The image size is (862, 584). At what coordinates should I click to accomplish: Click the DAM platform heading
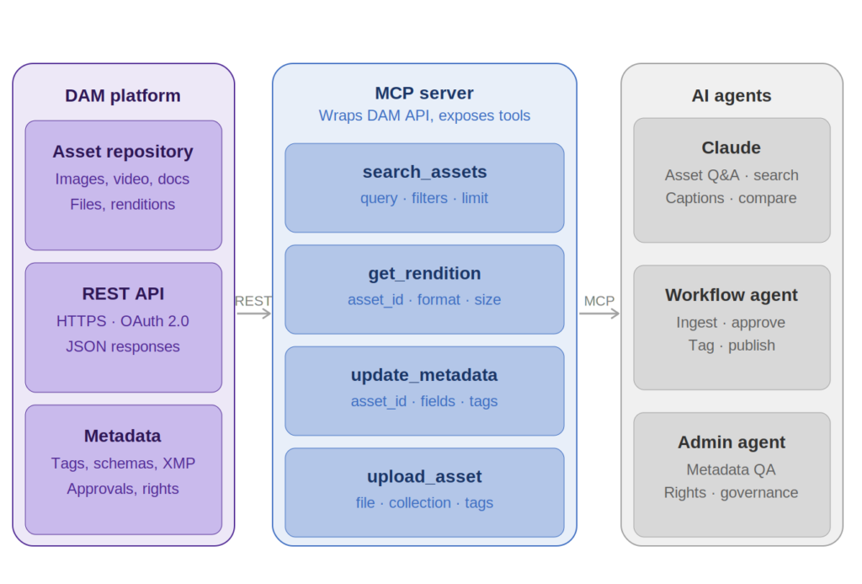coord(123,95)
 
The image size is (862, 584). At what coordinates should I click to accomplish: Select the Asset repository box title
coord(123,152)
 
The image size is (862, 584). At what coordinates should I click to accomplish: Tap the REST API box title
coord(123,294)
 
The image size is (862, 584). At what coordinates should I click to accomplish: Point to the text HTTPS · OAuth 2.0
coord(123,321)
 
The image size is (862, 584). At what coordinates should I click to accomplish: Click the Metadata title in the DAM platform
coord(123,437)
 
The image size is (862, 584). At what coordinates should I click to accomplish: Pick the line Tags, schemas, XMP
coord(123,463)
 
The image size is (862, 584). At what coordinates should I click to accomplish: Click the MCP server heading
coord(424,94)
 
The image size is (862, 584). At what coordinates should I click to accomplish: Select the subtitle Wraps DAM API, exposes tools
coord(424,115)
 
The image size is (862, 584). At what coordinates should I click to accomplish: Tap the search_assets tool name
coord(424,172)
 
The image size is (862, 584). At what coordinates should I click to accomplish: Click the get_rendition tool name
coord(424,274)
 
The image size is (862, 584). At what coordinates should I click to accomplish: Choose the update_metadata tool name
coord(424,375)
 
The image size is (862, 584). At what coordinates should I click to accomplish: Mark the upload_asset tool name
coord(424,477)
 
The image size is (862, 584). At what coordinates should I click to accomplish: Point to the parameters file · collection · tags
coord(424,503)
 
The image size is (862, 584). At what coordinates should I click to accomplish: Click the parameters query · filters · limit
coord(424,198)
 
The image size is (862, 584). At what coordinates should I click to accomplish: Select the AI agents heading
coord(732,95)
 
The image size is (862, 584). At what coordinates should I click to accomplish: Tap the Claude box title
coord(732,148)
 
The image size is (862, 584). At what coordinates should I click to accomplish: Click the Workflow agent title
coord(732,295)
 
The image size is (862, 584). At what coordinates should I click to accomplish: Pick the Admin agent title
coord(732,442)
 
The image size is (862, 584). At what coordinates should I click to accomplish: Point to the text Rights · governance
coord(732,493)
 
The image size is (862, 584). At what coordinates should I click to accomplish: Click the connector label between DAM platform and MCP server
coord(253,303)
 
